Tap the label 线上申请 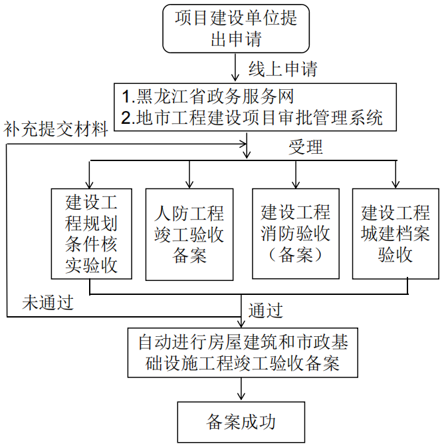click(282, 69)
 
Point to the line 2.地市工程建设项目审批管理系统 click(253, 118)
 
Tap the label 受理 click(306, 147)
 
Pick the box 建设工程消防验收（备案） click(295, 234)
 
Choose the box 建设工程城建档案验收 click(395, 234)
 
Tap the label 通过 click(265, 310)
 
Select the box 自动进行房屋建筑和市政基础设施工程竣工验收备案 click(243, 353)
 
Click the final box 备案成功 click(243, 422)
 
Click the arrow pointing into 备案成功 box click(243, 391)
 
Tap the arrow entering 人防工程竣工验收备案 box click(189, 174)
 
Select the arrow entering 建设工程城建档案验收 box click(396, 174)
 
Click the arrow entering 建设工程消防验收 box click(295, 174)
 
